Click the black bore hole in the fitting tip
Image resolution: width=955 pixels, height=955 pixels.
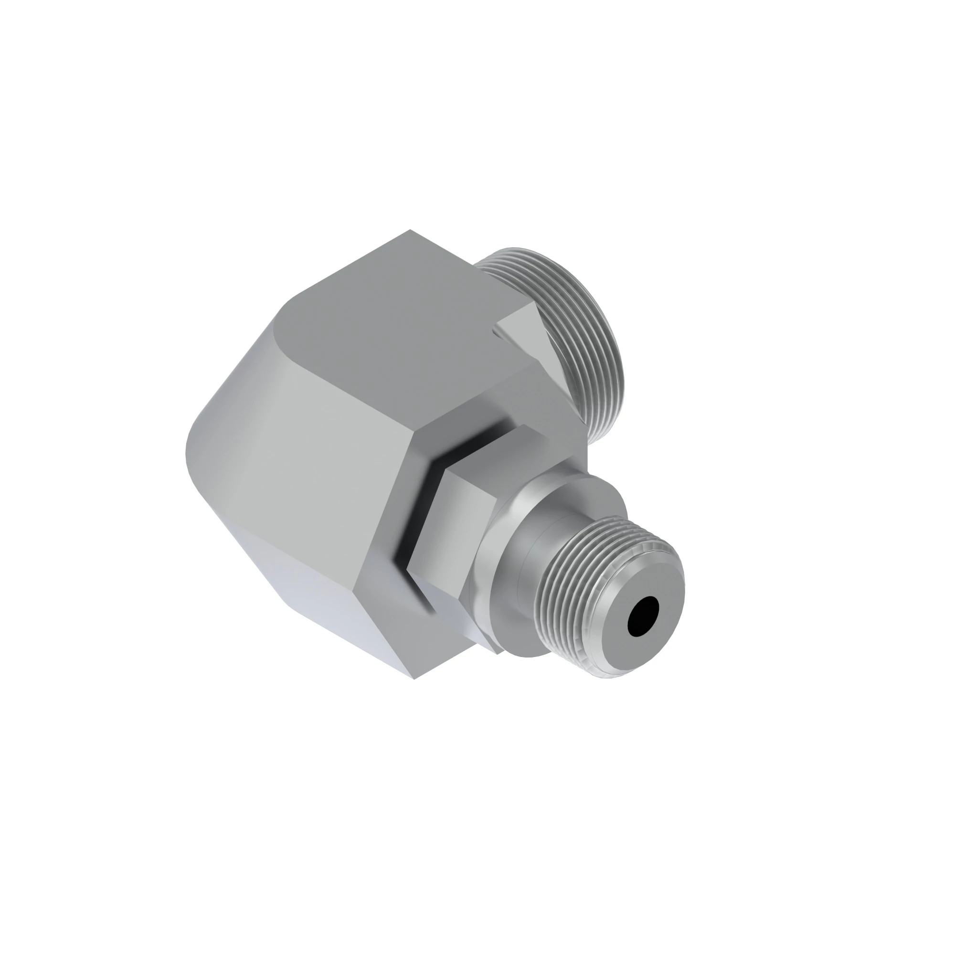point(643,616)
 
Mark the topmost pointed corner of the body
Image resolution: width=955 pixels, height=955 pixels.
point(410,230)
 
